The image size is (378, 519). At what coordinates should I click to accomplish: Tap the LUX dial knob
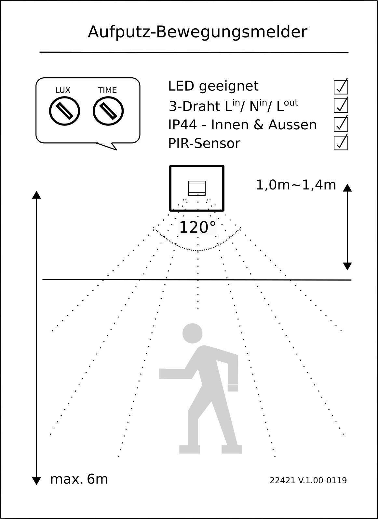(64, 111)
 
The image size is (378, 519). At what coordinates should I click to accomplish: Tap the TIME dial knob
(108, 111)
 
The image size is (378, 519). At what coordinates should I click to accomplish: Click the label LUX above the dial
(63, 90)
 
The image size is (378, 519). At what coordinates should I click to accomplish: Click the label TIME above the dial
(107, 90)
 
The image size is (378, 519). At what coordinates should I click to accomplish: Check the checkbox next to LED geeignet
(341, 87)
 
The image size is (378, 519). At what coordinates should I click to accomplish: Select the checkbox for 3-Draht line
(341, 105)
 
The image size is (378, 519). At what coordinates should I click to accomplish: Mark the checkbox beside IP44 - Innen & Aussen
(341, 124)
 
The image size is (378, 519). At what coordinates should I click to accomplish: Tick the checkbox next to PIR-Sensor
(341, 143)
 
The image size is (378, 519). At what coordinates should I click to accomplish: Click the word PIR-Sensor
(204, 143)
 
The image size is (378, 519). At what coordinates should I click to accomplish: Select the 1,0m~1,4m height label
(296, 185)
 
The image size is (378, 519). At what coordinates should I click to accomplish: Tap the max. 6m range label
(79, 479)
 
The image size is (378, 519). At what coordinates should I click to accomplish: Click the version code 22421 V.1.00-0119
(308, 480)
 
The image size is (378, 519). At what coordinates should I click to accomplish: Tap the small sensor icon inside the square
(197, 188)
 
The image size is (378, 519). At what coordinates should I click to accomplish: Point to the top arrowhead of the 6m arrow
(36, 195)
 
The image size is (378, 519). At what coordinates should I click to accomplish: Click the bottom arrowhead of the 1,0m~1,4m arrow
(347, 266)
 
